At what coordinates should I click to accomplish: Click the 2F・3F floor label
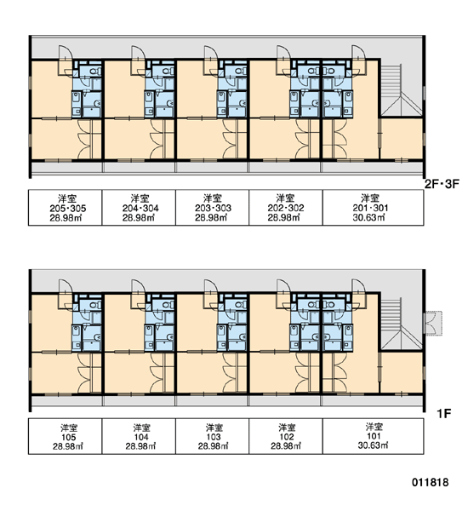click(x=442, y=184)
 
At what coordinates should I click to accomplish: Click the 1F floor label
click(x=443, y=414)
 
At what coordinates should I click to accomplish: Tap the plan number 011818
click(x=431, y=482)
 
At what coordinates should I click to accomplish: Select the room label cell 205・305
click(x=66, y=208)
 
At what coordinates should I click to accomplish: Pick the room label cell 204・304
click(x=139, y=208)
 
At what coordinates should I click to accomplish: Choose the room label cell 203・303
click(x=213, y=208)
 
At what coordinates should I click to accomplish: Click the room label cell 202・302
click(x=286, y=208)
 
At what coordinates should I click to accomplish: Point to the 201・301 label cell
click(x=374, y=208)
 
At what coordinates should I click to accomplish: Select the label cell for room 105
click(x=66, y=436)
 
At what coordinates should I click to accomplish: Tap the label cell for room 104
click(x=139, y=436)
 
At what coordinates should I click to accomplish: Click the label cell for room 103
click(x=213, y=436)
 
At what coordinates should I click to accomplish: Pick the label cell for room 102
click(x=286, y=436)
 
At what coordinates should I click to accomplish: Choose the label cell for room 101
click(x=374, y=436)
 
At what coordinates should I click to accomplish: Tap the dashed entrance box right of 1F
click(x=433, y=324)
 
